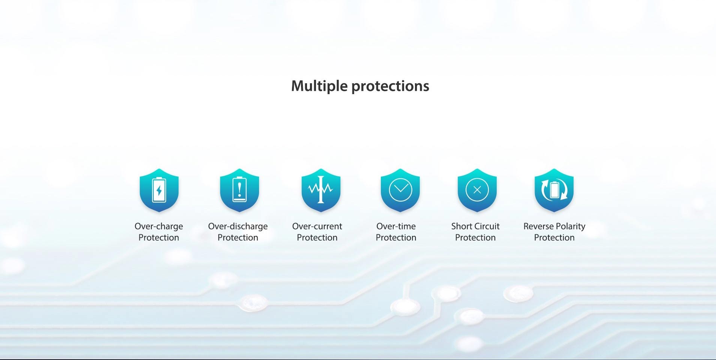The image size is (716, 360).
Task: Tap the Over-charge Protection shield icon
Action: pos(159,190)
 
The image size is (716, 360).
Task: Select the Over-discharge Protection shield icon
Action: pos(240,190)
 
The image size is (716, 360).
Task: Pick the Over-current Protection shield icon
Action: pos(321,190)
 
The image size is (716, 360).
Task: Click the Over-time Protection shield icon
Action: pos(400,190)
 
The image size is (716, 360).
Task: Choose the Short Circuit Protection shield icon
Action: pos(477,190)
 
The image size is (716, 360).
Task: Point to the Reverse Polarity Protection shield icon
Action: pos(554,190)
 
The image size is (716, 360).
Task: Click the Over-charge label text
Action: pos(159,226)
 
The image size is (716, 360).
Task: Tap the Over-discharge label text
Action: pos(238,226)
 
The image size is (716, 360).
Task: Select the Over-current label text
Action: pos(317,226)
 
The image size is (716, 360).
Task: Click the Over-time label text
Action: pos(396,226)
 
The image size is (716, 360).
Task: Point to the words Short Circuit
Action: pos(475,226)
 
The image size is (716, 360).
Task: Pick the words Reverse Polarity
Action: pos(554,226)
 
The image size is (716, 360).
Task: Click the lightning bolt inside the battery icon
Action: pos(159,190)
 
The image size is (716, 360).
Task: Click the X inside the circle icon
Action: pos(477,190)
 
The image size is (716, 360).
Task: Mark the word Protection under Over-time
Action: pos(396,237)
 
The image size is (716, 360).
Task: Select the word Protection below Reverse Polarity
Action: pos(554,237)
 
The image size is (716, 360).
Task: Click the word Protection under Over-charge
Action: pos(159,237)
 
